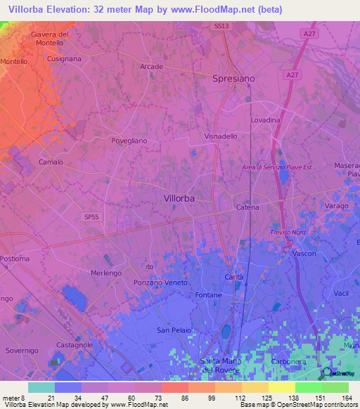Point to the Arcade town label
coord(151,67)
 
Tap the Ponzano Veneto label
coord(161,283)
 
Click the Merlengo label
coord(107,273)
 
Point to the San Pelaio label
coord(173,330)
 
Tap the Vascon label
coord(304,253)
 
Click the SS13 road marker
coord(221,26)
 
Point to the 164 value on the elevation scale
coord(347,398)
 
